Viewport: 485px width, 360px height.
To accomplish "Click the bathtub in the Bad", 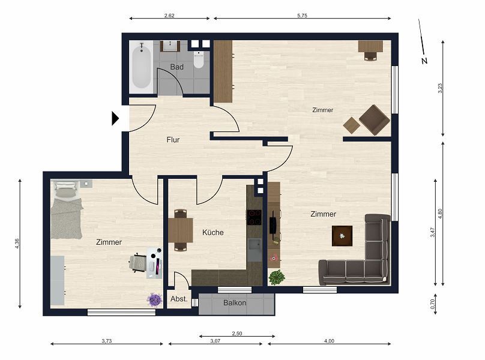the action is pyautogui.click(x=141, y=67).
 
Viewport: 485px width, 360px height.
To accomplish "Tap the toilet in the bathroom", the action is pyautogui.click(x=199, y=59).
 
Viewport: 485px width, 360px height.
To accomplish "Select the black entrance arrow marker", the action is pyautogui.click(x=115, y=118).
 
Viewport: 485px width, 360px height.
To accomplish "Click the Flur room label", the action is pyautogui.click(x=173, y=140).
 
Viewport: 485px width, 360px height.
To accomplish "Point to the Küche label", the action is pyautogui.click(x=213, y=232).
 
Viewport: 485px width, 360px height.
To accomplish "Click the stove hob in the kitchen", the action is pyautogui.click(x=254, y=217).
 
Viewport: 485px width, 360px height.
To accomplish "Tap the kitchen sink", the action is pyautogui.click(x=255, y=250).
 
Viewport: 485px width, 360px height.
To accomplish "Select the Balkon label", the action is pyautogui.click(x=235, y=303).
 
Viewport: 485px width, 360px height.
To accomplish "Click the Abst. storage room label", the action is pyautogui.click(x=179, y=299).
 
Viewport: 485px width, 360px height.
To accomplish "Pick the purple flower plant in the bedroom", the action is pyautogui.click(x=155, y=299).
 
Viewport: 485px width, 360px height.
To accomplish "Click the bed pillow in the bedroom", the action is pyautogui.click(x=65, y=193).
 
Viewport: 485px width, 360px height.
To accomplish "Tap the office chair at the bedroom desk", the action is pyautogui.click(x=137, y=263).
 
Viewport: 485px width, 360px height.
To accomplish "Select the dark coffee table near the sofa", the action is pyautogui.click(x=342, y=236).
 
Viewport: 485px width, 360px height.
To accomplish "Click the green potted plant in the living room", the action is pyautogui.click(x=277, y=277).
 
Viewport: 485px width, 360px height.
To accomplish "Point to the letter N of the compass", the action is pyautogui.click(x=424, y=61).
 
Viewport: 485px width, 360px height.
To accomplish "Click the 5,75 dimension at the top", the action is pyautogui.click(x=302, y=16).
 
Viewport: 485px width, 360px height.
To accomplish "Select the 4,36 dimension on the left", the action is pyautogui.click(x=17, y=244).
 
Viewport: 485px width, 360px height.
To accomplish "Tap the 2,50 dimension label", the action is pyautogui.click(x=237, y=334).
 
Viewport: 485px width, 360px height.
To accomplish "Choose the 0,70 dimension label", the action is pyautogui.click(x=433, y=304).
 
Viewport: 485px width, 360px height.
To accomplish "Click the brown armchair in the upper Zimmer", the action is pyautogui.click(x=375, y=119).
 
